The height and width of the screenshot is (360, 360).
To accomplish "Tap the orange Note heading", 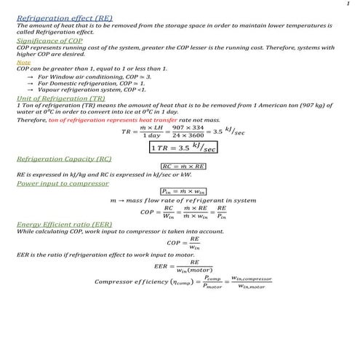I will [x=23, y=63].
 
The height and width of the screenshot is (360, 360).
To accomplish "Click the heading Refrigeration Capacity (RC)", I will [x=63, y=158].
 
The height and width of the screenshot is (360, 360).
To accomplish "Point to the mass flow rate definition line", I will [x=183, y=201].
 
